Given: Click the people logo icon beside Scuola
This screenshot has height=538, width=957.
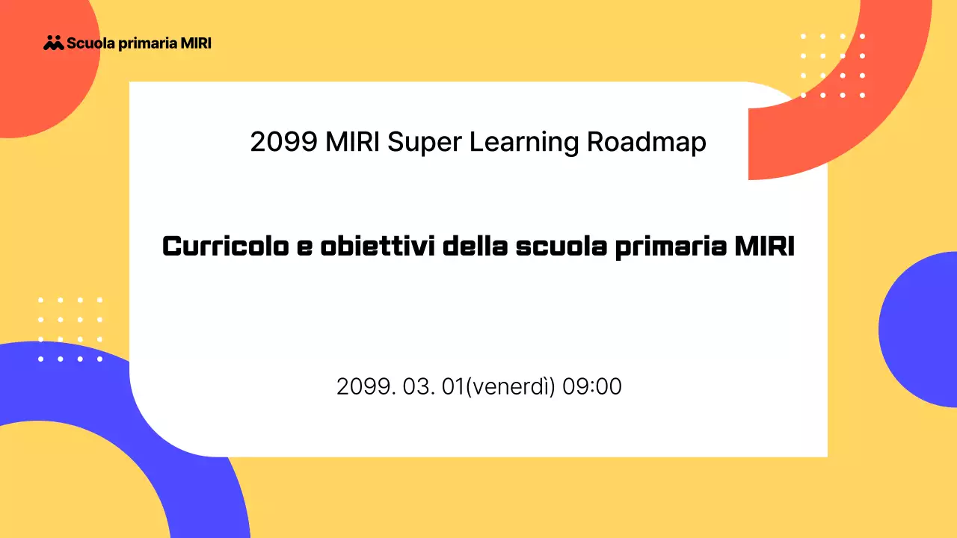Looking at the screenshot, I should coord(54,43).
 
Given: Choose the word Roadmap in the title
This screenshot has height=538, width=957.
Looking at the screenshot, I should coord(647,141).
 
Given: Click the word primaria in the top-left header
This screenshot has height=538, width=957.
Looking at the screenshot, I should coord(148,43).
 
